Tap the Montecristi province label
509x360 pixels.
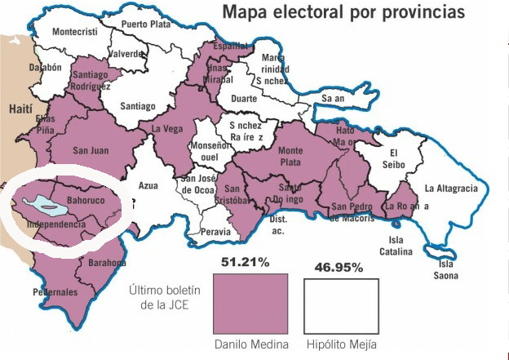tap(74, 32)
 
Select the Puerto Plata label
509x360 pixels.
tap(146, 24)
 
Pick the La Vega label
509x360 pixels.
tap(166, 128)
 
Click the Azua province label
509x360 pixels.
tap(148, 184)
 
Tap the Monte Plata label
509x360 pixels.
tap(290, 156)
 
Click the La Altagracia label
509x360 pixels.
tap(451, 189)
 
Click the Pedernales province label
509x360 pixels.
tap(55, 291)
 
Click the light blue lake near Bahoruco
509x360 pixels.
tap(42, 201)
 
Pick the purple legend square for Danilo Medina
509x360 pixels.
tap(250, 303)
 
